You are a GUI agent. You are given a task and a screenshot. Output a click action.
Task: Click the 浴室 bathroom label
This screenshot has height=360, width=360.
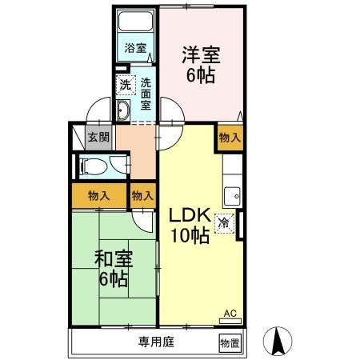tap(135, 48)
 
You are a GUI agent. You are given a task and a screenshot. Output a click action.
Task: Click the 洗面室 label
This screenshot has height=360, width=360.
tap(146, 94)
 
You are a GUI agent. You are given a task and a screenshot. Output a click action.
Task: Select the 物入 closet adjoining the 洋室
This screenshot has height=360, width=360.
tap(230, 138)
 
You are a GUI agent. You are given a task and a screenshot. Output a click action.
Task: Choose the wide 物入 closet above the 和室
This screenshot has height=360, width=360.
tap(98, 195)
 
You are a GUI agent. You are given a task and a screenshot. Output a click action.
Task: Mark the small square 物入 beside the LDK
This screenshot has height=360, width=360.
tap(142, 195)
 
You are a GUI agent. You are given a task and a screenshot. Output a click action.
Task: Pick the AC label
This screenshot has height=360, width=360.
tap(229, 313)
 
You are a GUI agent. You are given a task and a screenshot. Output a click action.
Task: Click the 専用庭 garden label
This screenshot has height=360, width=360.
tap(155, 342)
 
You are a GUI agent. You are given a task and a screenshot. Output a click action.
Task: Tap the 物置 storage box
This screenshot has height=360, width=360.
tap(229, 342)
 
